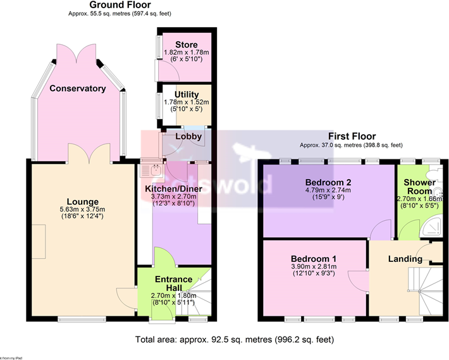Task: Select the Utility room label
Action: pyautogui.click(x=186, y=95)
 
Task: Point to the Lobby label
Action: pyautogui.click(x=188, y=137)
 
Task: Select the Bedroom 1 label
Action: pyautogui.click(x=314, y=259)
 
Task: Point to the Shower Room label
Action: pyautogui.click(x=420, y=187)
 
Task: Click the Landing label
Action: pyautogui.click(x=405, y=259)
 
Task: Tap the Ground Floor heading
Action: pyautogui.click(x=119, y=5)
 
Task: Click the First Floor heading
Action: pyautogui.click(x=352, y=136)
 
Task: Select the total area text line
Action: pyautogui.click(x=234, y=340)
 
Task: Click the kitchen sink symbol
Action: pyautogui.click(x=152, y=169)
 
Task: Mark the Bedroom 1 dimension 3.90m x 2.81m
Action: pyautogui.click(x=314, y=268)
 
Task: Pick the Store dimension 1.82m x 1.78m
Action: pyautogui.click(x=186, y=53)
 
